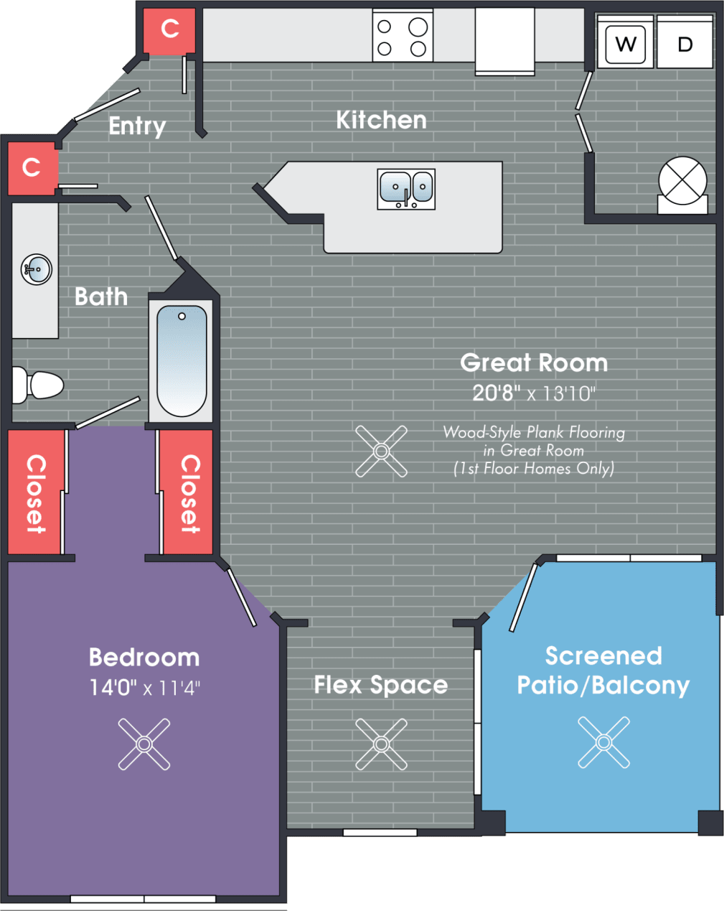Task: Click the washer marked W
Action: click(x=626, y=45)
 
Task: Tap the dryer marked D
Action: click(x=685, y=45)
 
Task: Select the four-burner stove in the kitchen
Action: click(x=403, y=37)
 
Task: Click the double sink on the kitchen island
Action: click(x=406, y=189)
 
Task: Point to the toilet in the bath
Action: click(x=39, y=386)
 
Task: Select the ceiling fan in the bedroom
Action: click(x=144, y=744)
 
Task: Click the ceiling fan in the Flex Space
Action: click(x=381, y=744)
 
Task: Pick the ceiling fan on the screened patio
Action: click(x=603, y=742)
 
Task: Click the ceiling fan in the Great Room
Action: click(x=381, y=452)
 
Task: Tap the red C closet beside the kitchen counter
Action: click(x=170, y=29)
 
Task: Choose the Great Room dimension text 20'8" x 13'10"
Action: click(x=534, y=393)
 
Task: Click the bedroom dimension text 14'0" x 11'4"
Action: click(x=144, y=688)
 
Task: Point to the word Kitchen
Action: click(x=381, y=120)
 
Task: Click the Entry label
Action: click(x=137, y=126)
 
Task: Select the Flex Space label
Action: click(x=380, y=685)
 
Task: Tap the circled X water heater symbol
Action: click(x=682, y=181)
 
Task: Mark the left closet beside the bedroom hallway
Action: click(x=35, y=492)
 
